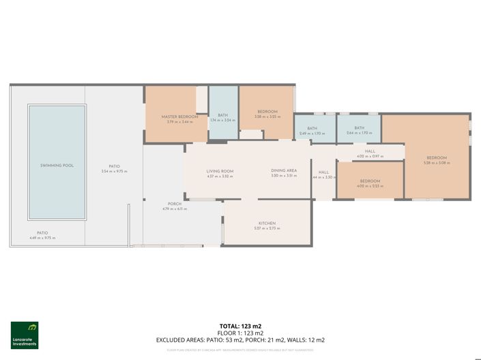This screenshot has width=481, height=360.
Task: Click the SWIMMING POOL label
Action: point(57,166)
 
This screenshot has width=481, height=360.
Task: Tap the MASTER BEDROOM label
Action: point(179,117)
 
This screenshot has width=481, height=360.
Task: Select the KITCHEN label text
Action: point(266,224)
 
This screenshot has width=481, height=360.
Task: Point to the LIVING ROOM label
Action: point(220,171)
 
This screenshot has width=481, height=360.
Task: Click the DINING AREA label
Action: point(283,171)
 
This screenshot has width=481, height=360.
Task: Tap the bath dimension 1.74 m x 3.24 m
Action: point(222,120)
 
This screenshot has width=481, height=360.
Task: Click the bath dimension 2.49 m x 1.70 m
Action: point(312,133)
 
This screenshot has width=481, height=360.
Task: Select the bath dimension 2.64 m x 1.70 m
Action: point(359,133)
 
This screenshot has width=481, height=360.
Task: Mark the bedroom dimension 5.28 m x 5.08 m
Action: point(436,163)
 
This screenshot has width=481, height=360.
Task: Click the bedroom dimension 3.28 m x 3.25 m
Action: point(267,117)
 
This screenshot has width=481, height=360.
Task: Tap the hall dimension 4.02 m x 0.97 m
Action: point(370,156)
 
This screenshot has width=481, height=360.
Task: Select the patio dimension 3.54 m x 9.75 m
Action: point(114,171)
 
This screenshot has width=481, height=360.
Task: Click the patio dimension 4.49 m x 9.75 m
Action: point(42,238)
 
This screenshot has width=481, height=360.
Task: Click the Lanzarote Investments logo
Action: point(25,335)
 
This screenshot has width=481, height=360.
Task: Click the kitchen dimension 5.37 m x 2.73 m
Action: point(266,228)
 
